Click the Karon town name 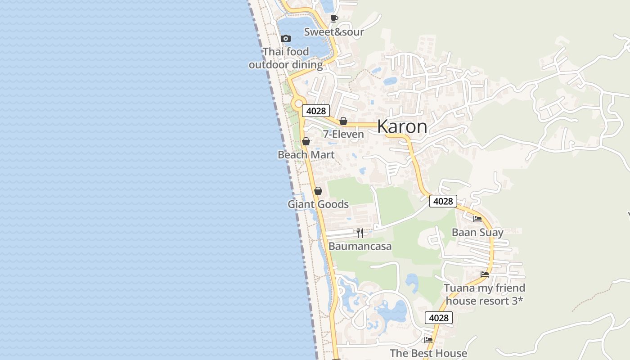click(402, 127)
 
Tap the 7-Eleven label click(343, 134)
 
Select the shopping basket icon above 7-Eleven click(343, 121)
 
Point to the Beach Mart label click(306, 155)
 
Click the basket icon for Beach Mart click(306, 141)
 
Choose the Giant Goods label click(318, 204)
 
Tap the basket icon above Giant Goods click(318, 191)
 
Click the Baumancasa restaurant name click(360, 247)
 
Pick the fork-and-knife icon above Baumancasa click(360, 233)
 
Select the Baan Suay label click(477, 233)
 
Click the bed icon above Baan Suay click(477, 219)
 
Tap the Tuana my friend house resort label click(485, 294)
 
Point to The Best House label click(428, 353)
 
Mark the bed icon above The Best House click(428, 340)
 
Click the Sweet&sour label click(334, 32)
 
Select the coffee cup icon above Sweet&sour click(334, 18)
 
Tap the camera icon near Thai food click(285, 39)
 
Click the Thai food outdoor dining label click(286, 58)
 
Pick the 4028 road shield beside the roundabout click(316, 111)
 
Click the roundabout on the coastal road click(297, 104)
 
